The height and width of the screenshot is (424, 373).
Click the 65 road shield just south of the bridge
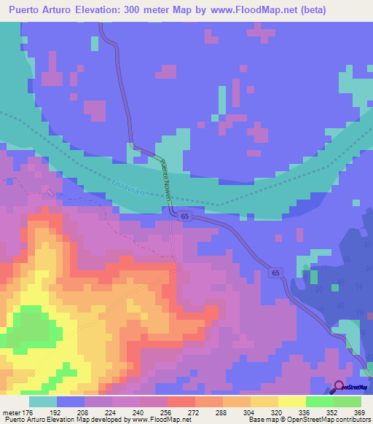tap(186, 217)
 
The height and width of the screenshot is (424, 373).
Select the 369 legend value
tap(359, 412)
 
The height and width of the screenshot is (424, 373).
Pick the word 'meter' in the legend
tap(11, 412)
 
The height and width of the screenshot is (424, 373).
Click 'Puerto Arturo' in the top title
tap(39, 10)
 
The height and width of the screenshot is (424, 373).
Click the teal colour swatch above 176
tap(43, 401)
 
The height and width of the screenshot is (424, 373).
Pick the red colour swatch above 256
tap(181, 401)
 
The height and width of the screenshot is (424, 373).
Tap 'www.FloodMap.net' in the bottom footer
tap(154, 420)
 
